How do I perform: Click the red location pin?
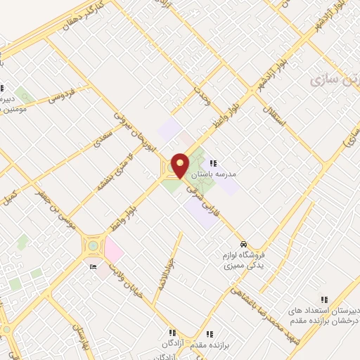(x=180, y=165)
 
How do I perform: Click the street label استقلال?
(x=275, y=110)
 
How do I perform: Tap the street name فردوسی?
(x=61, y=98)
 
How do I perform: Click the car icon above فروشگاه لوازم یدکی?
(x=243, y=244)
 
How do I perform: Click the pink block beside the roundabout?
(x=114, y=249)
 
